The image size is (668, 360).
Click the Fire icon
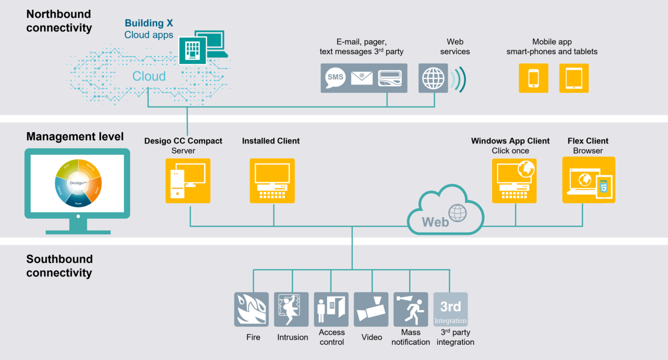tap(252, 309)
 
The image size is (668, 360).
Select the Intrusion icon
tap(291, 309)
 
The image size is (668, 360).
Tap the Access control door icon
tap(331, 309)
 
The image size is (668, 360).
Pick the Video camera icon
tap(371, 309)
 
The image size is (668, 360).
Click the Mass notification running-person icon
tap(411, 309)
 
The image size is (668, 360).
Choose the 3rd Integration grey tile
tap(450, 309)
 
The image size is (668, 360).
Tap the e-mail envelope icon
tap(362, 78)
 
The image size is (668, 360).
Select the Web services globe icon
tap(433, 78)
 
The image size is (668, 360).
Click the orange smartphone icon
tap(533, 78)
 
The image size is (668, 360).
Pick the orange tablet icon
tap(574, 78)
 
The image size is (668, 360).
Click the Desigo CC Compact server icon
tap(188, 181)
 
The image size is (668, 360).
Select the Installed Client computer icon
tap(272, 181)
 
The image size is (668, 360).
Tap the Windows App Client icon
tap(514, 181)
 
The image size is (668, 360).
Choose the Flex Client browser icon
tap(589, 180)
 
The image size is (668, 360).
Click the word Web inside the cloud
tap(435, 222)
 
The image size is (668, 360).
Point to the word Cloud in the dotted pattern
tap(149, 77)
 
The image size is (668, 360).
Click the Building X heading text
tap(149, 23)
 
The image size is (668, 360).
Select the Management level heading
tap(75, 137)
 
